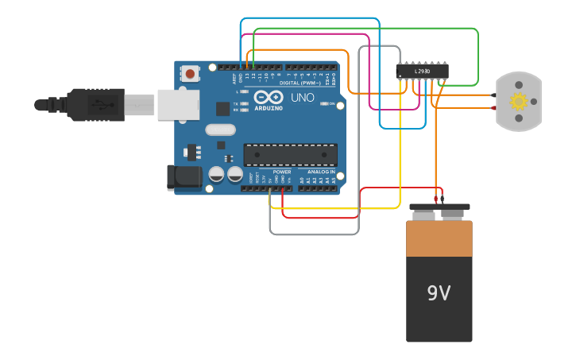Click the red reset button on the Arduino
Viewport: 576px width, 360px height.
[191, 73]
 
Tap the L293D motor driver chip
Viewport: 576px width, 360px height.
[422, 72]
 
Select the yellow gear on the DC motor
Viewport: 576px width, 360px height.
[519, 101]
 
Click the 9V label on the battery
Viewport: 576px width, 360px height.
[439, 293]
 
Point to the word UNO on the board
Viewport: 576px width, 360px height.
[302, 98]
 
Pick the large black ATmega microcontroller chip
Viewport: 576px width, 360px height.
[290, 155]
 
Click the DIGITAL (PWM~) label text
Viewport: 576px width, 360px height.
[300, 83]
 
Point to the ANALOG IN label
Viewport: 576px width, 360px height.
[317, 172]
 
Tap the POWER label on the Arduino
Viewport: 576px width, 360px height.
[282, 172]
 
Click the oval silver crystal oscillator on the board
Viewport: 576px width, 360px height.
[220, 130]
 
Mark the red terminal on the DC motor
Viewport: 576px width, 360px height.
[493, 107]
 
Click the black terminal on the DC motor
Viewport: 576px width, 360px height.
[493, 95]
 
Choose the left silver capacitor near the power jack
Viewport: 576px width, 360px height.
[216, 173]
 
